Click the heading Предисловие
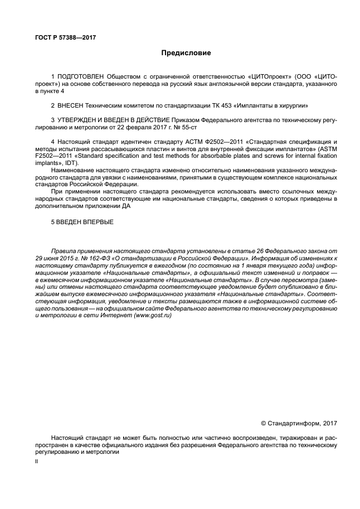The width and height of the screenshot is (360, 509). click(180, 54)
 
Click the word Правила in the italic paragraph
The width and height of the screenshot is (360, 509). click(62, 251)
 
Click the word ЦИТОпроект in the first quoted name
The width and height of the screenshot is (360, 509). click(265, 75)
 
